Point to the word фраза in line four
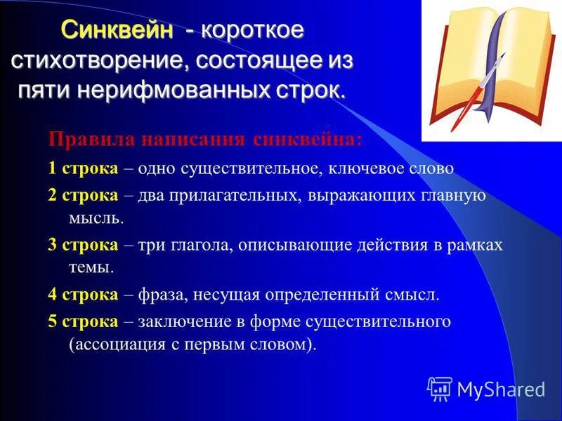coord(163,295)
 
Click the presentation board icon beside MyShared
coord(440,388)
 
